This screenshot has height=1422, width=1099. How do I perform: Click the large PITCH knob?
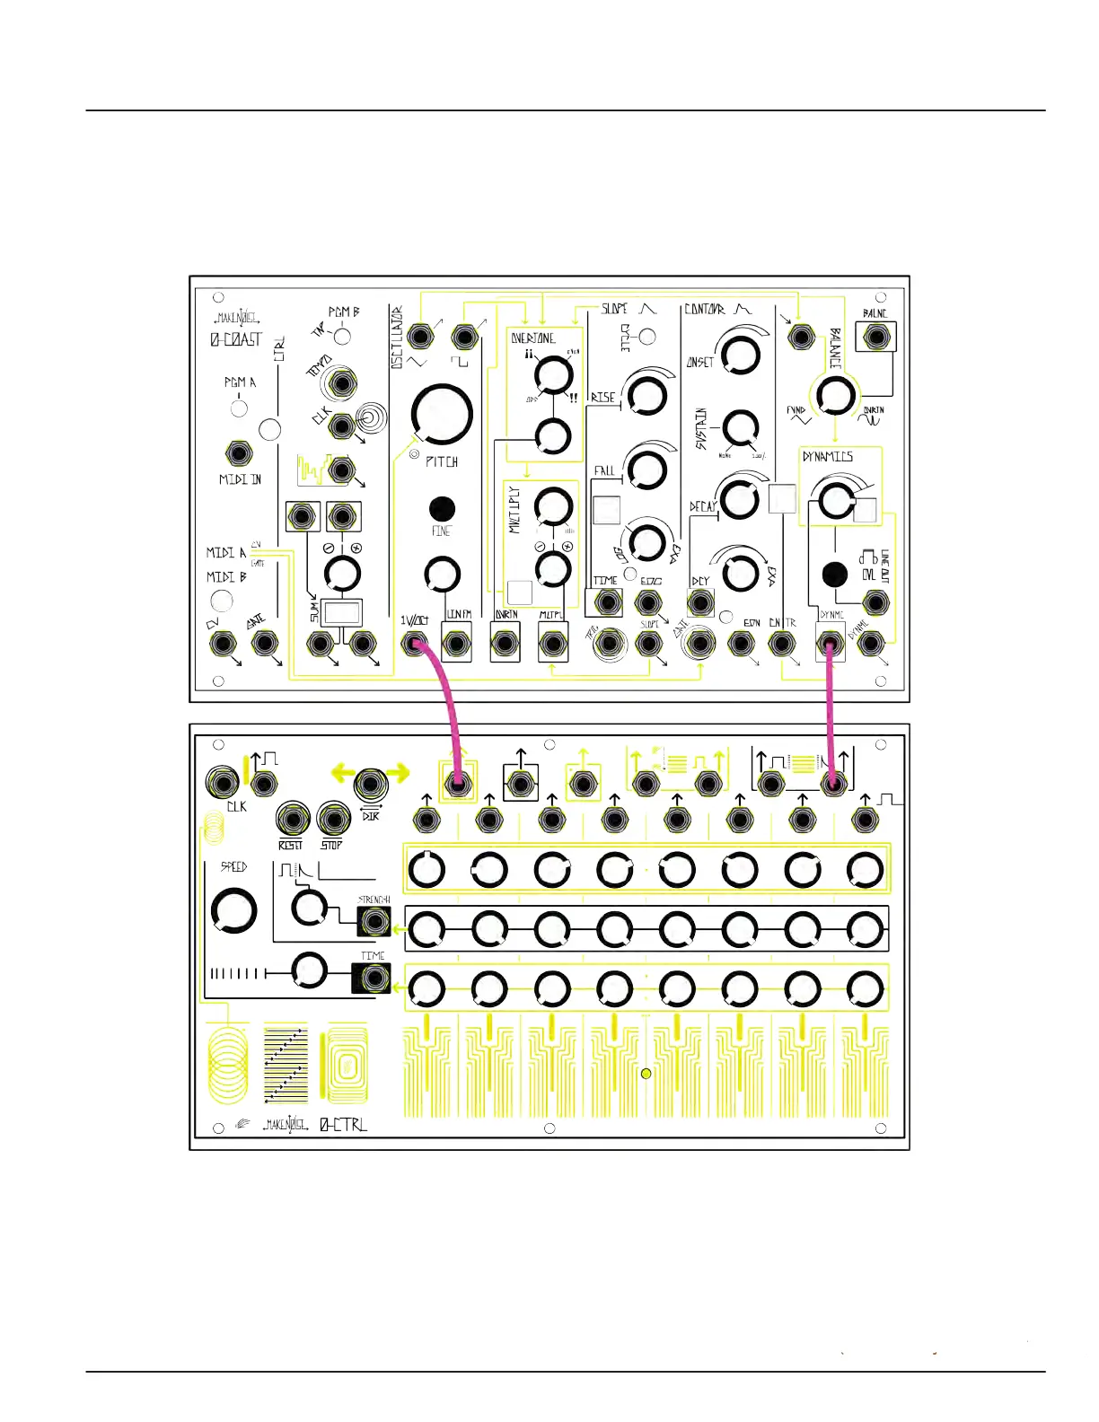(442, 414)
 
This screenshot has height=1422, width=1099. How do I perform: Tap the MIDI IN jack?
(238, 452)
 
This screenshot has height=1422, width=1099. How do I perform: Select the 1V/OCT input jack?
(415, 643)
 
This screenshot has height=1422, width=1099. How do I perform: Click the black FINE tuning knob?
(441, 508)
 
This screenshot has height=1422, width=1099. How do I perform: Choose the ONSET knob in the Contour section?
(740, 355)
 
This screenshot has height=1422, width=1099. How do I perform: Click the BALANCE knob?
(835, 395)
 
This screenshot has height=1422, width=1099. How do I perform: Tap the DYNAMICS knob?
(836, 500)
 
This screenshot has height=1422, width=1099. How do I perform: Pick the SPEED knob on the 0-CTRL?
(233, 910)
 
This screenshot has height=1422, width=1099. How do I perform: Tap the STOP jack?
(333, 818)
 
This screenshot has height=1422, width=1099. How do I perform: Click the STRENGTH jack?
(374, 922)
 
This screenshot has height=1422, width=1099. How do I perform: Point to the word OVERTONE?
(533, 338)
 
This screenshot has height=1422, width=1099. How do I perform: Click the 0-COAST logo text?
(236, 339)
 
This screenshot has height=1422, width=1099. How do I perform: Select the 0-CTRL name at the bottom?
(344, 1124)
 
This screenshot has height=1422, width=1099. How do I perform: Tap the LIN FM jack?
(458, 643)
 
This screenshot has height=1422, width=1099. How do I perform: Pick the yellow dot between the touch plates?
(646, 1073)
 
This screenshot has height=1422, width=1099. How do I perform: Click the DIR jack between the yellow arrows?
(371, 785)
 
